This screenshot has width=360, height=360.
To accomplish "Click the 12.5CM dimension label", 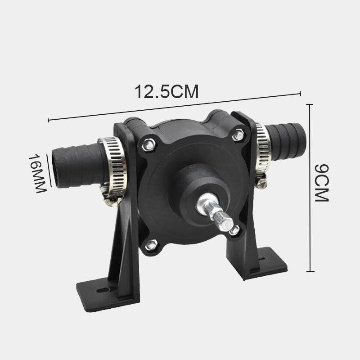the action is pyautogui.click(x=166, y=92).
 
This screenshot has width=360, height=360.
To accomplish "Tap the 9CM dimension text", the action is pyautogui.click(x=322, y=183).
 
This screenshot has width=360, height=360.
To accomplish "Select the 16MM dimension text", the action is pyautogui.click(x=38, y=174).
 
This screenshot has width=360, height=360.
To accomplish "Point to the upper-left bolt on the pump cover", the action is pyautogui.click(x=148, y=145).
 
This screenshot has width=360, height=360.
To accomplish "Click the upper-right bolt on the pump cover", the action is pyautogui.click(x=238, y=135).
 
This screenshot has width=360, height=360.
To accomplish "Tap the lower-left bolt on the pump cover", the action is pyautogui.click(x=151, y=245).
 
